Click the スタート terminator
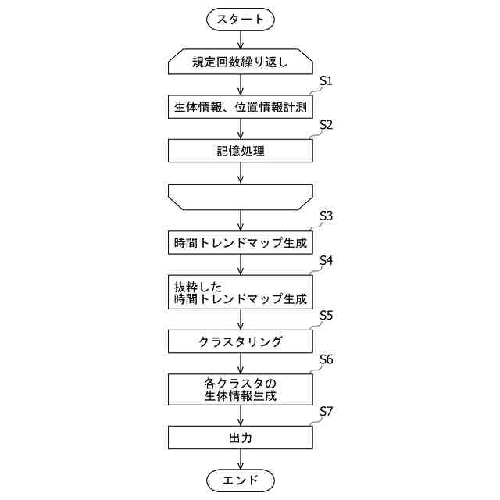coord(241,19)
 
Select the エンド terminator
coord(241,479)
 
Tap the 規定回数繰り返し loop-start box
coord(241,62)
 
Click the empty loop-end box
coord(241,197)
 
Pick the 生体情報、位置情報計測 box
coord(241,106)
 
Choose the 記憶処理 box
coord(241,151)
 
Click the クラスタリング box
coord(241,341)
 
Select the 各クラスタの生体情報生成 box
coord(241,388)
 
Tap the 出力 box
coord(241,437)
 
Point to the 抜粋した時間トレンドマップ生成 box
coord(241,292)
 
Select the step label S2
coord(327,125)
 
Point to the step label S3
coord(327,216)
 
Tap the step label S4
coord(327,260)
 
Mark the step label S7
coord(327,411)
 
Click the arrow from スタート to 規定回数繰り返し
coord(241,39)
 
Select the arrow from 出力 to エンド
coord(241,459)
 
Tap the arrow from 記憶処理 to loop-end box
coord(241,173)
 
